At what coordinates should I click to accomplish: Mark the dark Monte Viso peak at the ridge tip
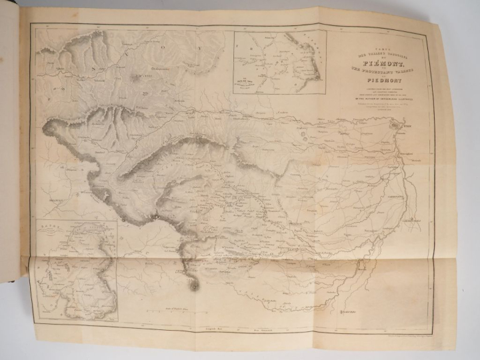[x=193, y=285]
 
